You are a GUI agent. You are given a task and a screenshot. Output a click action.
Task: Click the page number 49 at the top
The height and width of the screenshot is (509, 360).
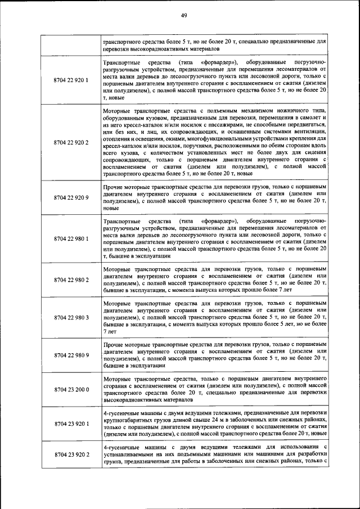[183, 15]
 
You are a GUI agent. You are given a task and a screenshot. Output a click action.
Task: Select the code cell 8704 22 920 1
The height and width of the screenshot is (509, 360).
[71, 80]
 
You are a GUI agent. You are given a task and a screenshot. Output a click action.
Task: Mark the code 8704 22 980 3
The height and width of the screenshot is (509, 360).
[71, 318]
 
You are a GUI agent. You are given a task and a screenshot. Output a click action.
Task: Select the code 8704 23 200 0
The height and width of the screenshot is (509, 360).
[71, 389]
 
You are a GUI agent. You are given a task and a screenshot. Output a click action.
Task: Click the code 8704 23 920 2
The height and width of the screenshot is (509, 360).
[71, 454]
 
